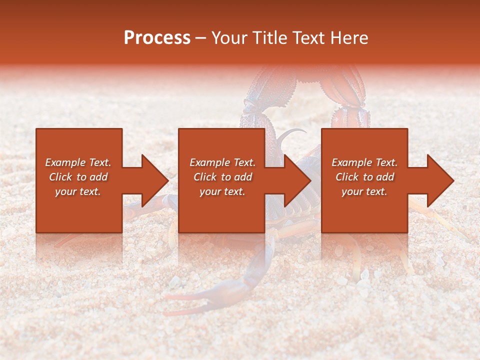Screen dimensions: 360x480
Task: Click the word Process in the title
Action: (157, 38)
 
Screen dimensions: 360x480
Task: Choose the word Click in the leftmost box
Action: (60, 177)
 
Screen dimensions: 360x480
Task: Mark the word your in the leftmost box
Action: (65, 191)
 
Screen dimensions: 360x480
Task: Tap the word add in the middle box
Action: (243, 177)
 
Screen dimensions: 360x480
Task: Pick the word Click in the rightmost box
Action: (347, 177)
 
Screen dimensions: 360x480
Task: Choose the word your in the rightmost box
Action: (352, 191)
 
